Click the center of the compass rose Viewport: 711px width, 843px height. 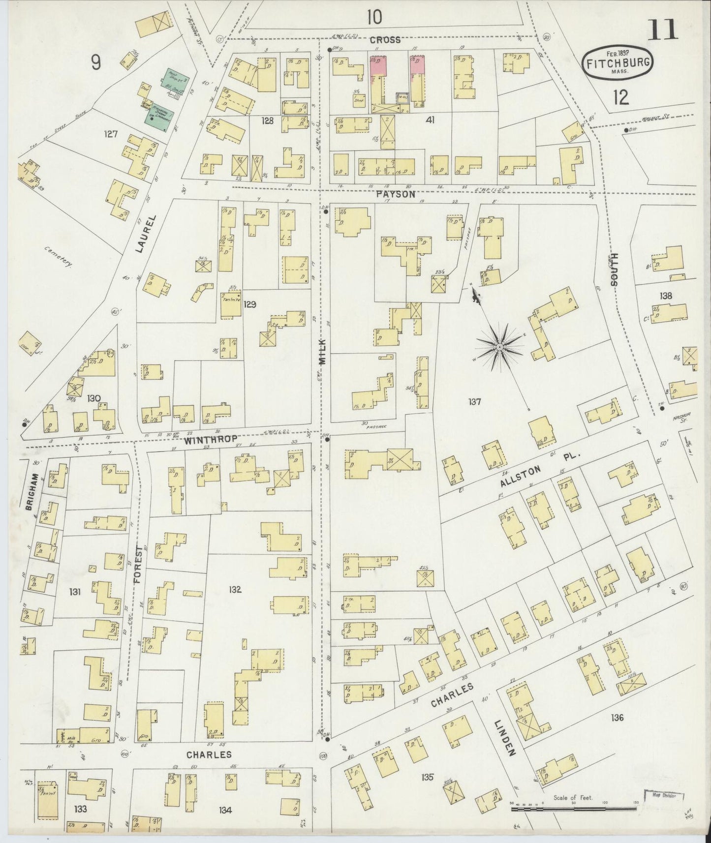tap(499, 347)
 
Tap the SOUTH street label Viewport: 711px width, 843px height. tap(614, 269)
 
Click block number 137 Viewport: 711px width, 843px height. tap(474, 402)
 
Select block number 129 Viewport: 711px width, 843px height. tap(250, 304)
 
